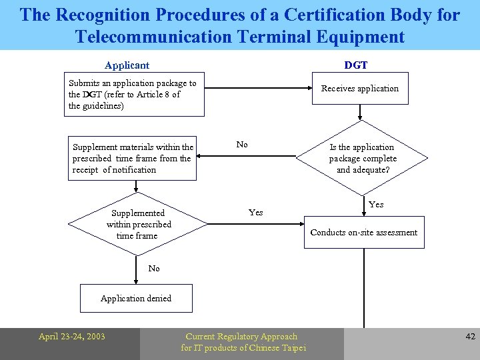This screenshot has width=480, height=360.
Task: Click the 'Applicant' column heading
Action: [127, 65]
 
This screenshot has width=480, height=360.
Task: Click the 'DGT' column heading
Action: [355, 65]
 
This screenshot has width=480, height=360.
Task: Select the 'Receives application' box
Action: [360, 89]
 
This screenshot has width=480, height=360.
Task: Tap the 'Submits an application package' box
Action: [134, 94]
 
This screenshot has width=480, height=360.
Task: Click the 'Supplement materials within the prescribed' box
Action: [133, 159]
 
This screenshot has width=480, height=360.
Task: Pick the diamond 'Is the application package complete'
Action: [363, 159]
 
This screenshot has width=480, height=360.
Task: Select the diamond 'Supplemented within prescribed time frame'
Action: [138, 225]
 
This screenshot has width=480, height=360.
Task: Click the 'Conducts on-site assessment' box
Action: [364, 233]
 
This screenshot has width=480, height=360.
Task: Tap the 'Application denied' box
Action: [136, 298]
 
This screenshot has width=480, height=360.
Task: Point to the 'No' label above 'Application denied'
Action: [154, 268]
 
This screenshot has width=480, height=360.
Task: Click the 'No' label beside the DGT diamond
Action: [242, 145]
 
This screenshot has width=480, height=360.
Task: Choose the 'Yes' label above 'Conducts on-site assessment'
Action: [376, 205]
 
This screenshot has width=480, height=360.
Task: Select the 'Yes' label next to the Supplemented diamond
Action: [255, 213]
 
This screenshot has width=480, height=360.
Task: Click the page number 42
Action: [470, 337]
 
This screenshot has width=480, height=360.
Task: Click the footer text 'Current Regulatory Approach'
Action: [241, 337]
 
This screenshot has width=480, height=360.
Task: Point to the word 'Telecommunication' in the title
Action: [155, 36]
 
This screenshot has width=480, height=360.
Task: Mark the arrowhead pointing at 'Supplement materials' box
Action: [202, 159]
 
